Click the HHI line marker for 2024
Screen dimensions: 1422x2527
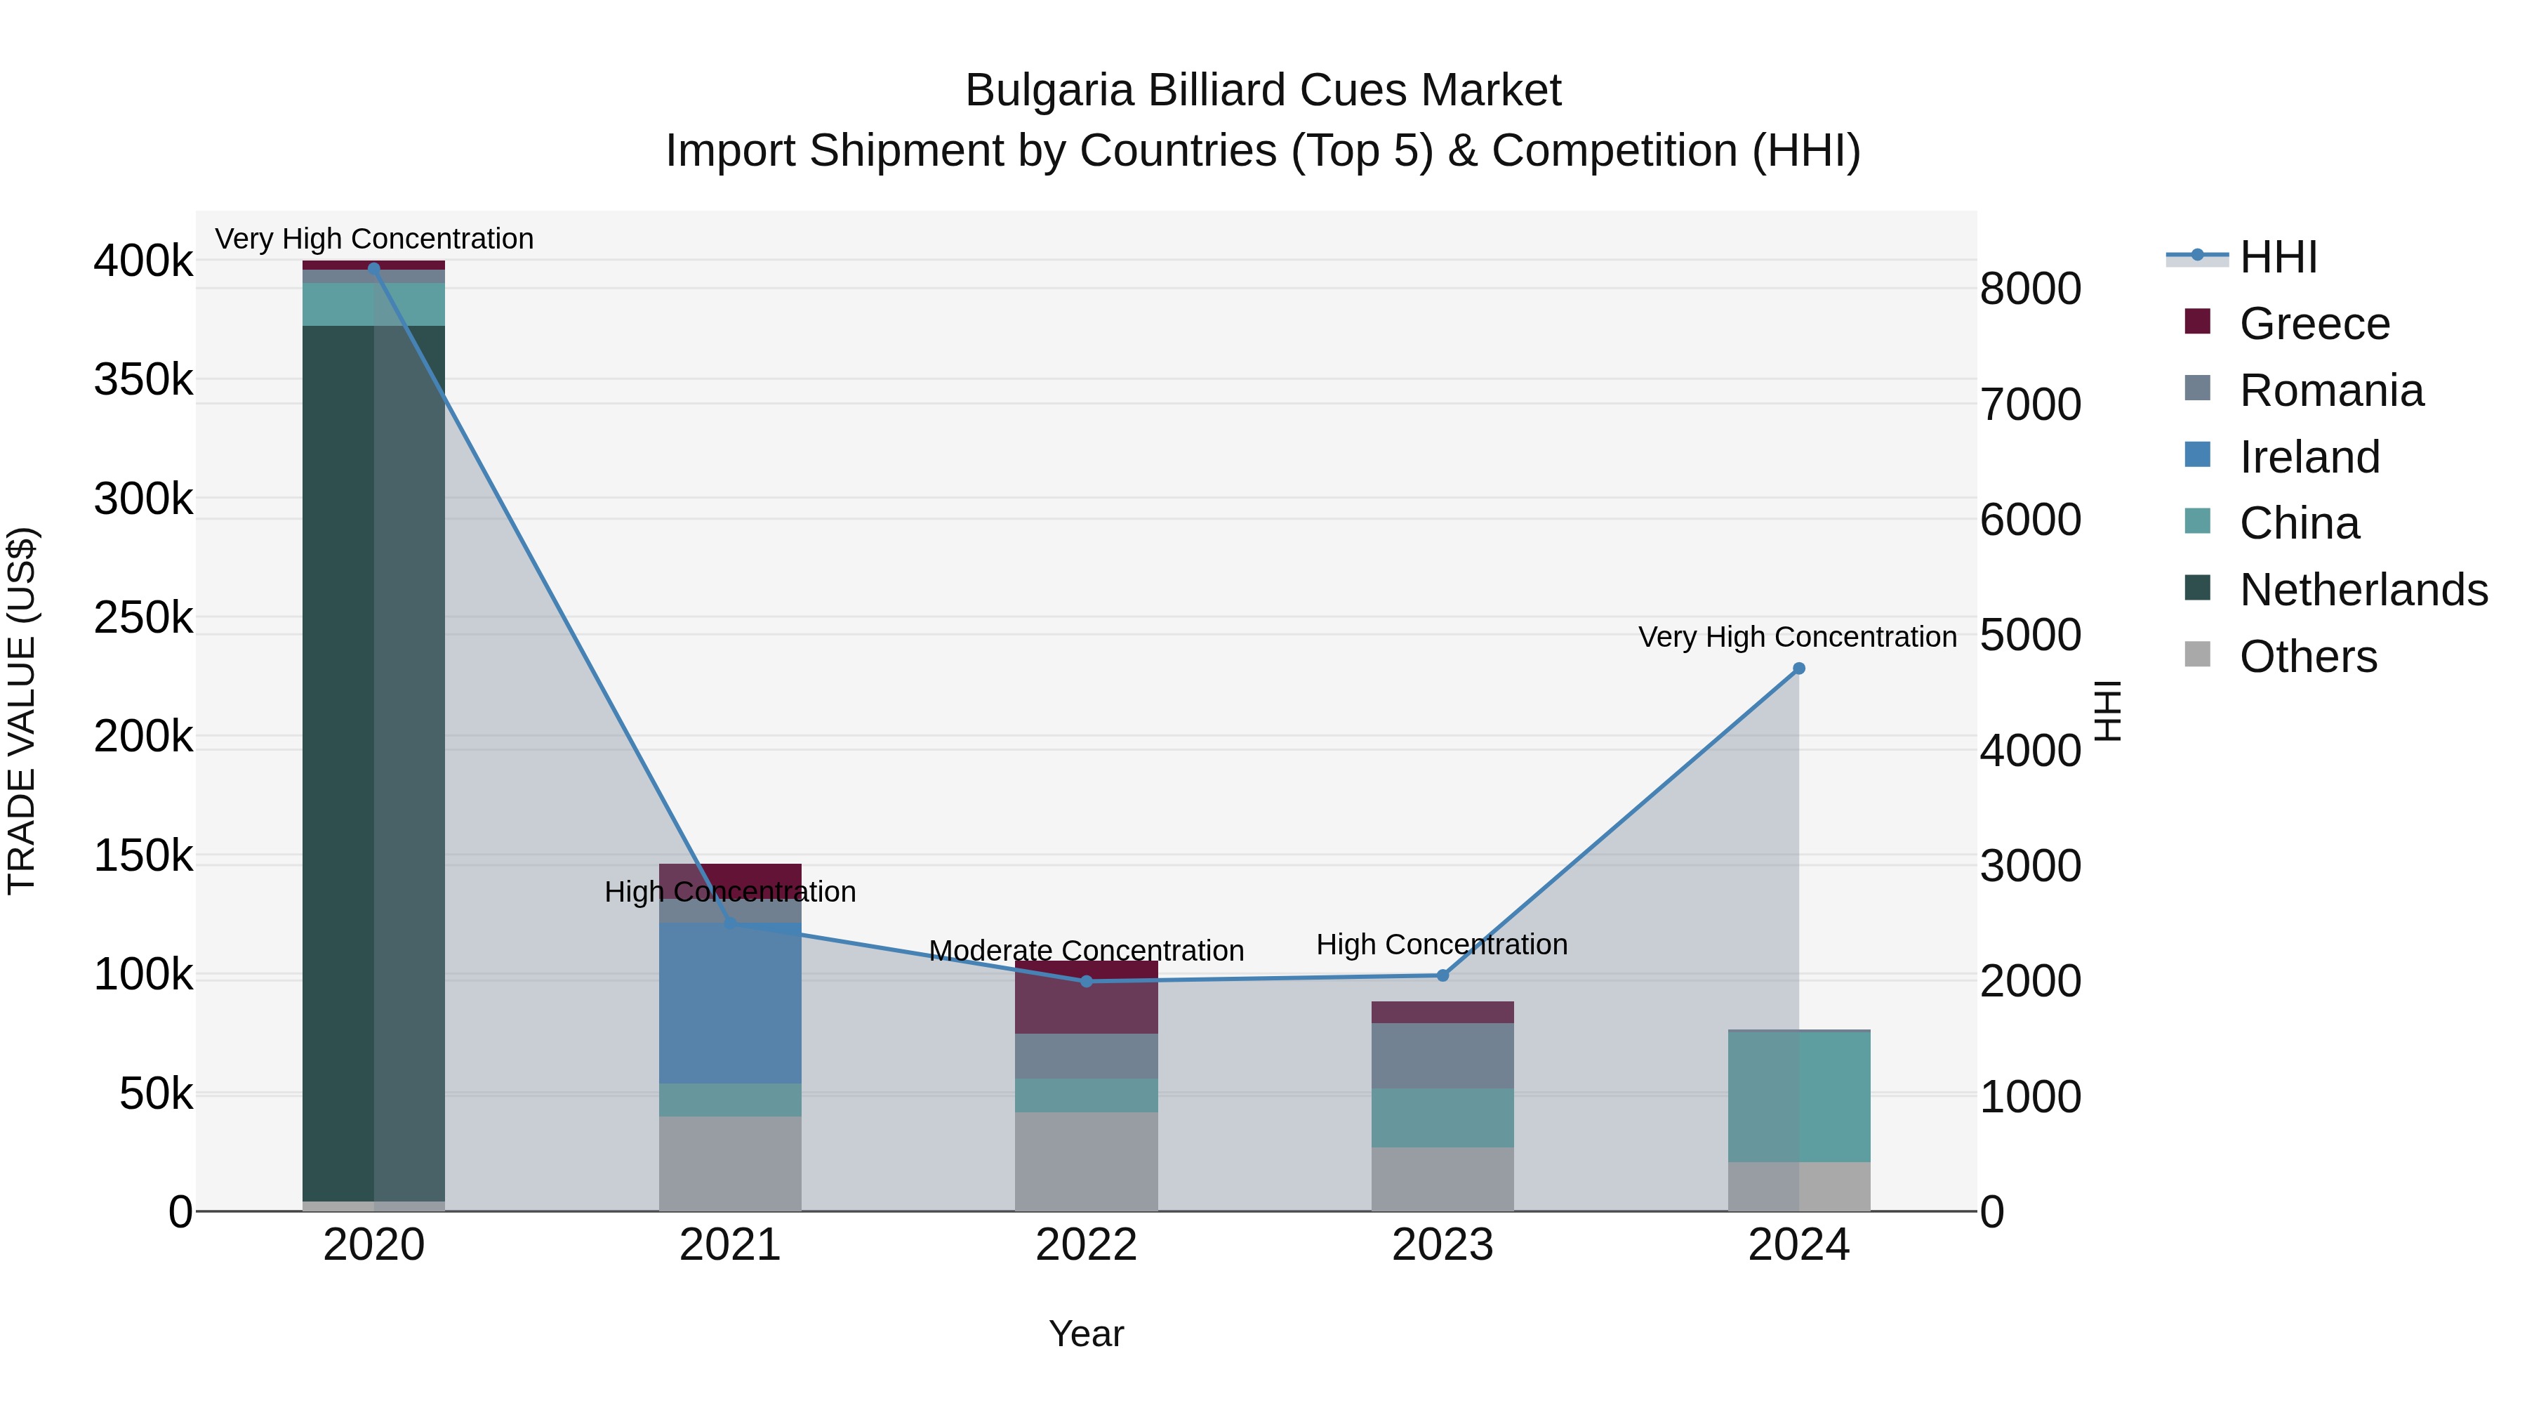pyautogui.click(x=1798, y=669)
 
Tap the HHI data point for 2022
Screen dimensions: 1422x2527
pyautogui.click(x=1086, y=982)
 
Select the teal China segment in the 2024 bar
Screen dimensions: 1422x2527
pyautogui.click(x=1798, y=1096)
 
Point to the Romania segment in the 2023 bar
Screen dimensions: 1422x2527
pyautogui.click(x=1442, y=1055)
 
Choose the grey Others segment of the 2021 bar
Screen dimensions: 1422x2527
pyautogui.click(x=730, y=1163)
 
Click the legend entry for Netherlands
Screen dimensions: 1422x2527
pyautogui.click(x=2362, y=590)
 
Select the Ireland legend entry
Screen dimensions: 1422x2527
pyautogui.click(x=2309, y=457)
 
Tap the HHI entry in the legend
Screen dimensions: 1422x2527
pyautogui.click(x=2278, y=257)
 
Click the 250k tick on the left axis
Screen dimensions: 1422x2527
pyautogui.click(x=143, y=618)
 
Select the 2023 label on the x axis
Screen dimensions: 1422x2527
pyautogui.click(x=1442, y=1245)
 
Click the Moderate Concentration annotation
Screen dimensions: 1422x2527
pyautogui.click(x=1086, y=950)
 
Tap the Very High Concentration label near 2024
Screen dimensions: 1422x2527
pyautogui.click(x=1797, y=637)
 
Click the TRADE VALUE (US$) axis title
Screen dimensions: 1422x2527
pyautogui.click(x=22, y=711)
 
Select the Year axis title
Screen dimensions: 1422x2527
pyautogui.click(x=1086, y=1334)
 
